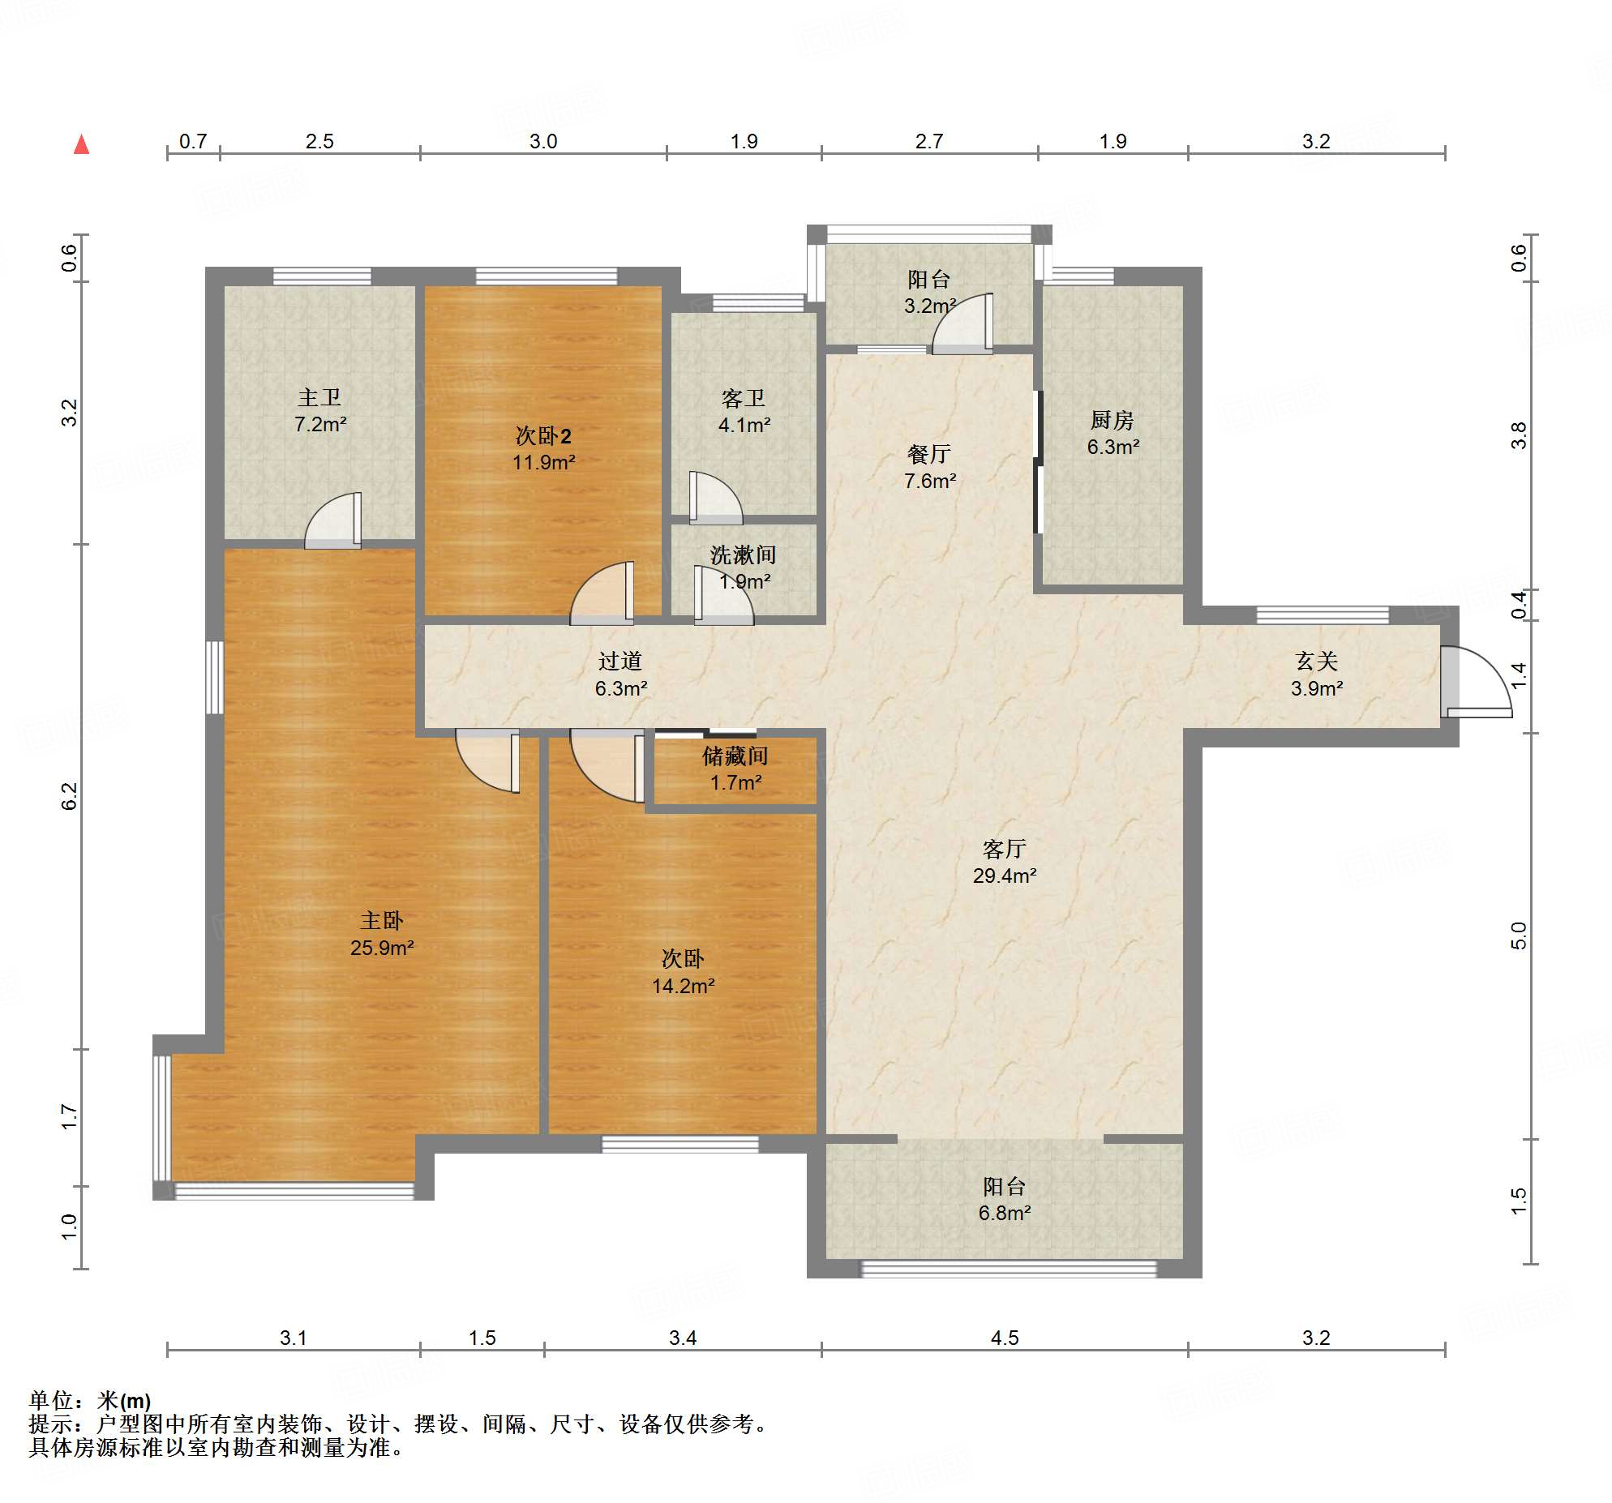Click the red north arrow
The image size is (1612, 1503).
(81, 144)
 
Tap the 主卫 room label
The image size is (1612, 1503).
(319, 397)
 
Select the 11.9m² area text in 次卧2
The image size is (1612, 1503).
(544, 462)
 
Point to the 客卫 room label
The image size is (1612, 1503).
(744, 398)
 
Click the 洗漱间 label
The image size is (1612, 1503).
(744, 555)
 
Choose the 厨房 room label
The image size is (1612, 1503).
(1113, 420)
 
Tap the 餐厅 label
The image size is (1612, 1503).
(929, 454)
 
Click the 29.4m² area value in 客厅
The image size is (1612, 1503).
(1005, 876)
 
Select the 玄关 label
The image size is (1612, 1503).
(1316, 662)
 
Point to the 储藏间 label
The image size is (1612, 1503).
(735, 756)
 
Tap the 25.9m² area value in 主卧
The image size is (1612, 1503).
(382, 948)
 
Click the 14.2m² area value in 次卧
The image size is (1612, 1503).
(684, 986)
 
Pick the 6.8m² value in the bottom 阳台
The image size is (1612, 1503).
(1005, 1213)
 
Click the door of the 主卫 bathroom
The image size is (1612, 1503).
(333, 520)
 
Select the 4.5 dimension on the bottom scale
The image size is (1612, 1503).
(1005, 1338)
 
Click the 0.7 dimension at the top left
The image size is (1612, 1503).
(193, 141)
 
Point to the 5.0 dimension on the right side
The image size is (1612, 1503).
(1519, 936)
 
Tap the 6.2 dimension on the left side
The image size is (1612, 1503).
(70, 796)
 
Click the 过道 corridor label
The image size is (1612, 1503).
(620, 662)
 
